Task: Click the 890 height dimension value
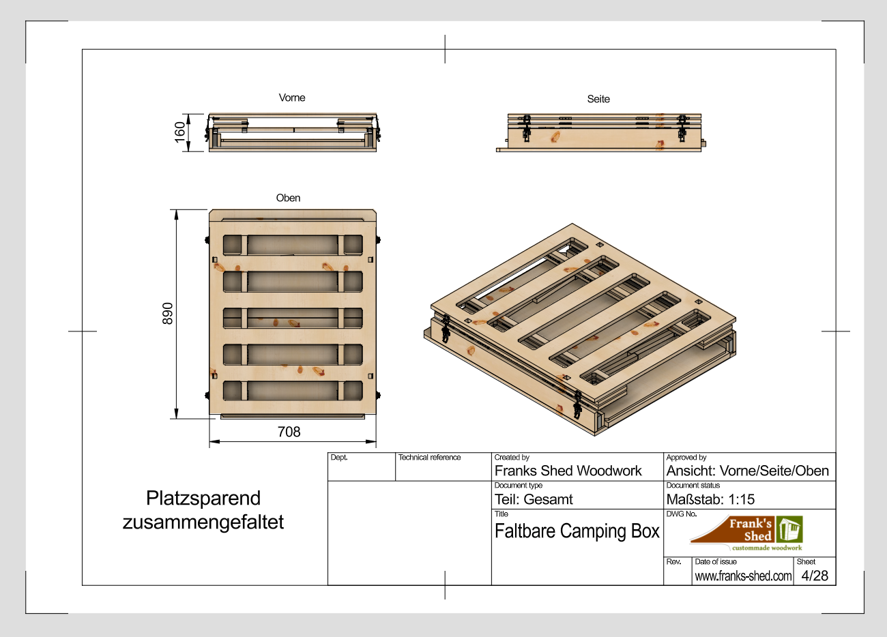(168, 314)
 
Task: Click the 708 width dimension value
(289, 432)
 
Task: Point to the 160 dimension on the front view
(179, 132)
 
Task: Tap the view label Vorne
(292, 98)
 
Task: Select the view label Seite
(598, 99)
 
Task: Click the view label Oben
(288, 198)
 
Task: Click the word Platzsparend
(203, 498)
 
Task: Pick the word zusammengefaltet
(203, 522)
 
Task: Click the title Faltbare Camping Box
(577, 531)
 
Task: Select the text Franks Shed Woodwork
(568, 471)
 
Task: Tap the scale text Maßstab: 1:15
(710, 499)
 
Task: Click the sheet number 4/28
(815, 576)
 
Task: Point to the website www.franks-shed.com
(743, 576)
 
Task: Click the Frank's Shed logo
(748, 533)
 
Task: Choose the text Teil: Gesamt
(534, 499)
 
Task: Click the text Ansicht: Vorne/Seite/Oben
(747, 471)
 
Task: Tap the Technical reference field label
(429, 458)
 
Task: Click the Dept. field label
(339, 458)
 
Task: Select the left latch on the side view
(526, 128)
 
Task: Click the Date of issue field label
(716, 562)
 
